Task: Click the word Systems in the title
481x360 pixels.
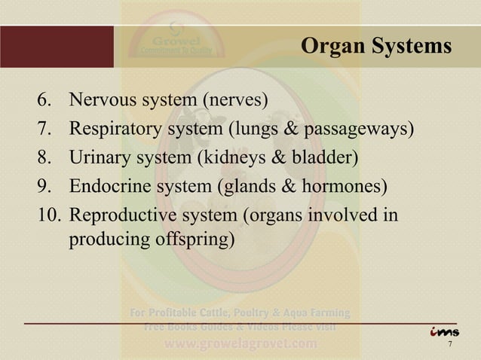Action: tap(409, 47)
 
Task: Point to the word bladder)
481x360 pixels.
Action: tap(330, 157)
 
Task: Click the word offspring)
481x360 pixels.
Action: tap(196, 241)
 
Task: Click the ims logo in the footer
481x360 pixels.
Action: tap(445, 332)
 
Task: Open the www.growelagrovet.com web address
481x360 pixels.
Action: tap(241, 345)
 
